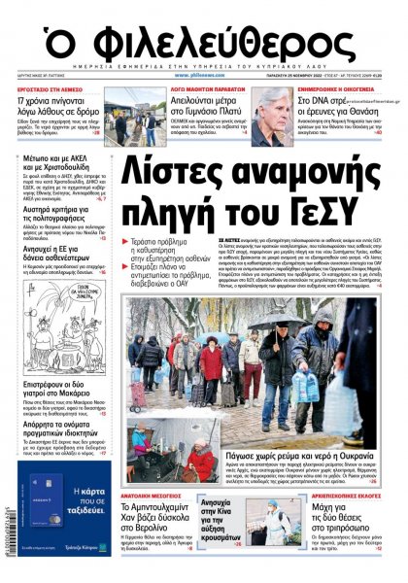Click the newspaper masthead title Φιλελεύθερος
tap(204, 40)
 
